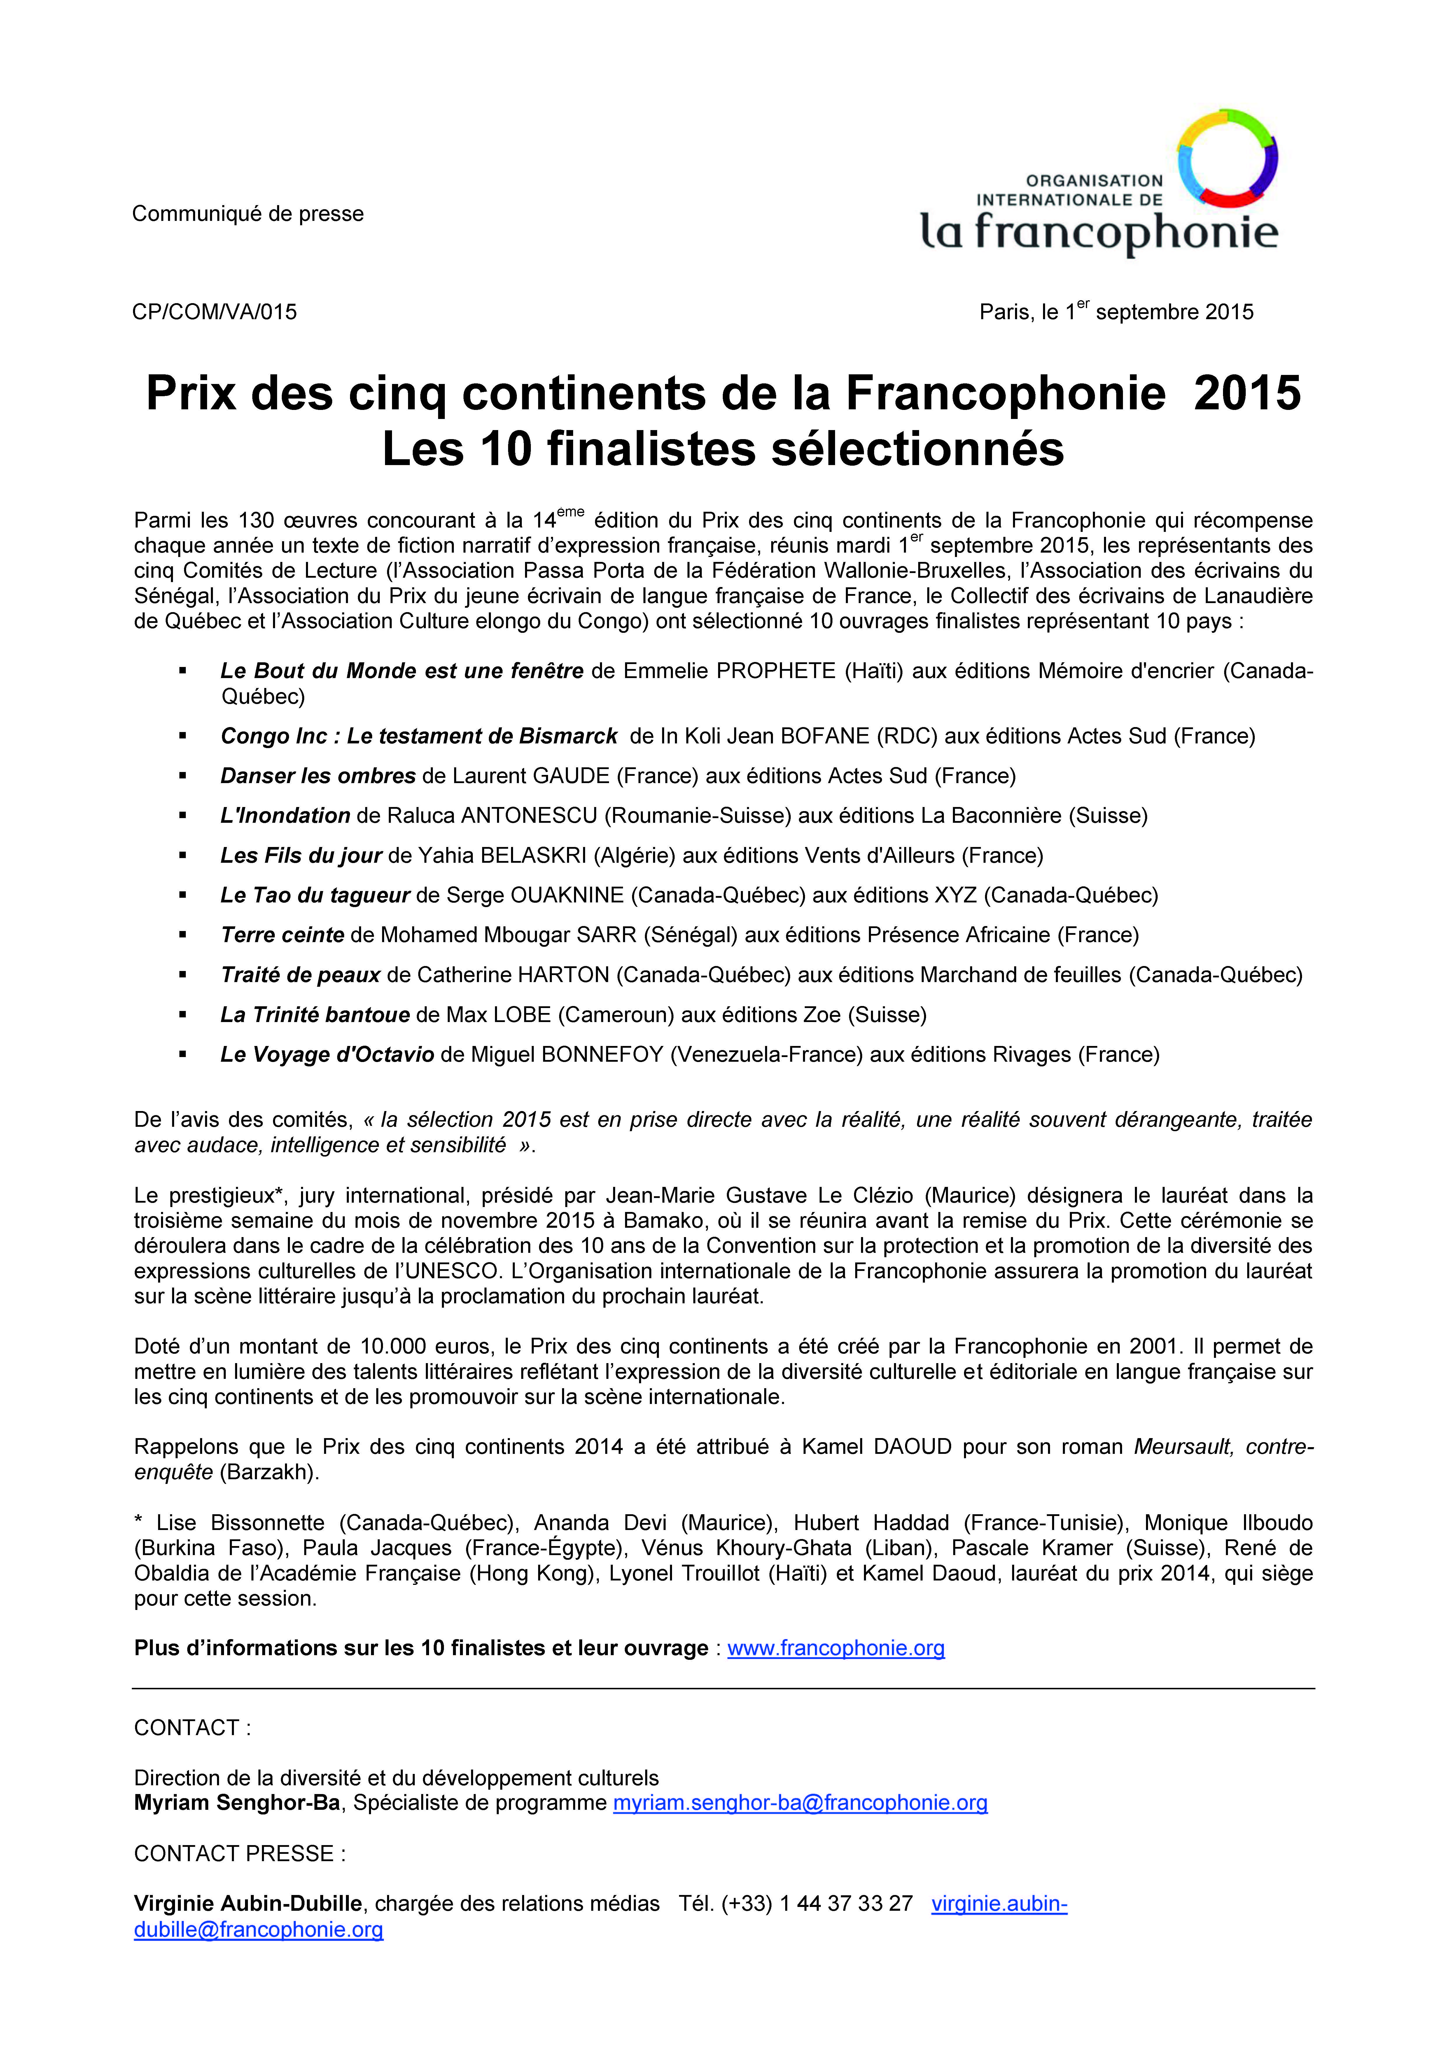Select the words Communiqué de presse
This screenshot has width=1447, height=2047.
[x=248, y=214]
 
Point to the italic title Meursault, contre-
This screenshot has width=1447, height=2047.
[x=1223, y=1447]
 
